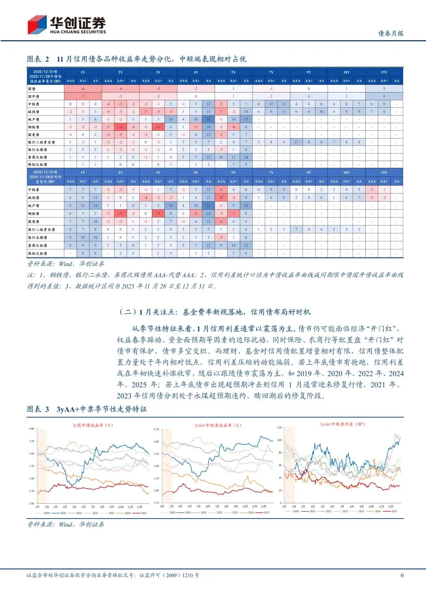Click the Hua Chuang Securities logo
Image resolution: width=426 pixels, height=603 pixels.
[x=66, y=24]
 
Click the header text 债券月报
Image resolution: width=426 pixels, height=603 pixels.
[x=390, y=34]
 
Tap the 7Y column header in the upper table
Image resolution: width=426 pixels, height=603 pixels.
[x=271, y=72]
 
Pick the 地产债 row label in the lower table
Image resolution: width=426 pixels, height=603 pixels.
[x=34, y=206]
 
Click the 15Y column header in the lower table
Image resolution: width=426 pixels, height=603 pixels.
[x=384, y=173]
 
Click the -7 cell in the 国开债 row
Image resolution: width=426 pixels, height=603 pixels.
[x=83, y=96]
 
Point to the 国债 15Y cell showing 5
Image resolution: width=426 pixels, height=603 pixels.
[x=384, y=89]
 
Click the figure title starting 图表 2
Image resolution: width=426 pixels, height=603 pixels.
[x=136, y=59]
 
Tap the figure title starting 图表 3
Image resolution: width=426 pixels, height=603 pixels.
[x=87, y=409]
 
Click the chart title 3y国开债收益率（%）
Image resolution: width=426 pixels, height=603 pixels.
[x=93, y=425]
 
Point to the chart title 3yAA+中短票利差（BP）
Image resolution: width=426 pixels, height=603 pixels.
[x=342, y=424]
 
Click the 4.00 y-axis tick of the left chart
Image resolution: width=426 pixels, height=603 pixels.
[x=32, y=429]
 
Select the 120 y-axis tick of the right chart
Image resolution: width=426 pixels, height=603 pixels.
[x=280, y=428]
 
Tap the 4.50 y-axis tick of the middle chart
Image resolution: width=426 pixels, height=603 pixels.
[x=156, y=429]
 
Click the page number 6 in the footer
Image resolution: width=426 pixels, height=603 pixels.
[x=402, y=575]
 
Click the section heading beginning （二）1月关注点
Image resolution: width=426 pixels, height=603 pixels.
[x=215, y=312]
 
